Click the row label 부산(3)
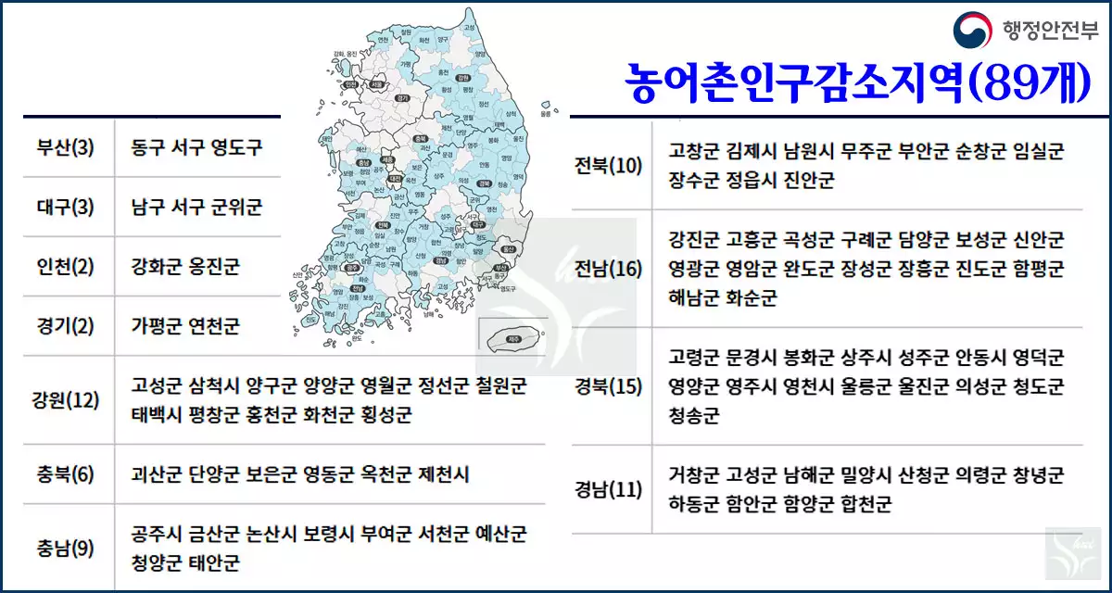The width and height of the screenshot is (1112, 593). pos(65,147)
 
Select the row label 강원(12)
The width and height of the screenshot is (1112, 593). pos(65,400)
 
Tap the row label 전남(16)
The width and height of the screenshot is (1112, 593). pos(608,269)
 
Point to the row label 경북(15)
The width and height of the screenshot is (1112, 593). pos(608,386)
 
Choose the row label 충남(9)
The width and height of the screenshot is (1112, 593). pos(65,549)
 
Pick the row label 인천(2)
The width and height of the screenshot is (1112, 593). pos(65,267)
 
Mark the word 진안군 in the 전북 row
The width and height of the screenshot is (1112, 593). pos(804,180)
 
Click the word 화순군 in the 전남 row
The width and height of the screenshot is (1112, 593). pos(748,297)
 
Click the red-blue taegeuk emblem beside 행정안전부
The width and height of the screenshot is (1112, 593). pos(973,31)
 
